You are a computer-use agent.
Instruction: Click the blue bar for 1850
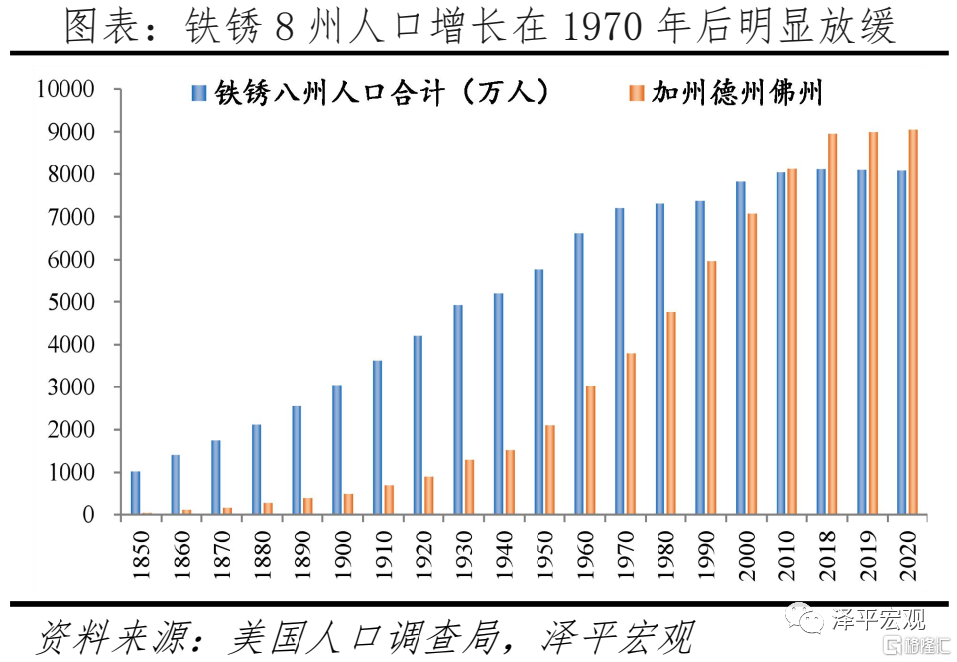point(135,493)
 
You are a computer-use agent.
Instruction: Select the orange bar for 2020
point(912,322)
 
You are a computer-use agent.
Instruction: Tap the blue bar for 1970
point(619,362)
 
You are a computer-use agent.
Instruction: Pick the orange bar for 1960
point(590,450)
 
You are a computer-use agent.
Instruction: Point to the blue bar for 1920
point(418,425)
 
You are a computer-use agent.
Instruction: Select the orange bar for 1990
point(711,387)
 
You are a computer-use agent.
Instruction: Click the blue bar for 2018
point(821,342)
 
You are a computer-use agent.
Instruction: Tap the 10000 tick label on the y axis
point(64,89)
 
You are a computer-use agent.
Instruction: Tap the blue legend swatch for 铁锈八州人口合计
point(199,94)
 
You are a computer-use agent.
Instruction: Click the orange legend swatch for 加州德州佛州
point(636,94)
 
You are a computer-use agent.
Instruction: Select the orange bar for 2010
point(791,342)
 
